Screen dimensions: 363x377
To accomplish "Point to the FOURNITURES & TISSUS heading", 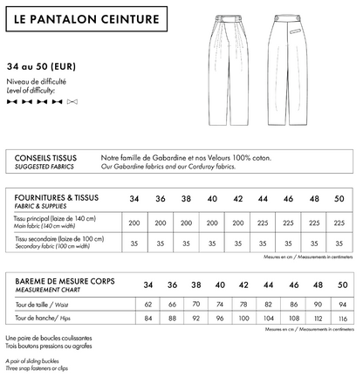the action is tap(58, 199).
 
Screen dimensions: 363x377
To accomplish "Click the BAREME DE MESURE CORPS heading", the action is tap(66, 285).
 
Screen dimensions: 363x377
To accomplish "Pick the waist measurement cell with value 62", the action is tap(148, 304).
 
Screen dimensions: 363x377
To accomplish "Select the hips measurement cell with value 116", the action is tap(342, 319).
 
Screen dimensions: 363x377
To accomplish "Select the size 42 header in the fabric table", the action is tap(238, 199).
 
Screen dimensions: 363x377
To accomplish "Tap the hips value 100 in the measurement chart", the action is tap(238, 319).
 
